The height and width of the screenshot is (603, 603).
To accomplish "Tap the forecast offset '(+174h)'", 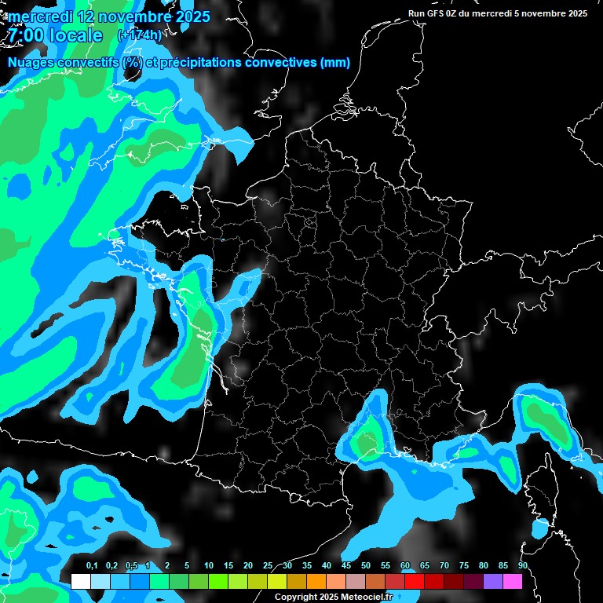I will point(139,35).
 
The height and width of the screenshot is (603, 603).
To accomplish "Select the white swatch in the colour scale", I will point(80,581).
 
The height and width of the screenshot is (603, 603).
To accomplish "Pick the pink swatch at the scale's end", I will point(512,581).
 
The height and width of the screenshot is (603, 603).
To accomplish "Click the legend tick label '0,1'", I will point(92,566).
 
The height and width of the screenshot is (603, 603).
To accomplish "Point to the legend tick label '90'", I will point(523,566).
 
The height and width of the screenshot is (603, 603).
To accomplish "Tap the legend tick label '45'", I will point(346,566).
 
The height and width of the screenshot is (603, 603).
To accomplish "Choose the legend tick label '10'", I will point(209,566).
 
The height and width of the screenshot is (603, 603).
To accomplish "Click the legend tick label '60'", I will point(405,566).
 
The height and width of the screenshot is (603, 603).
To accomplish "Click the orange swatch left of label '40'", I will point(316,581).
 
